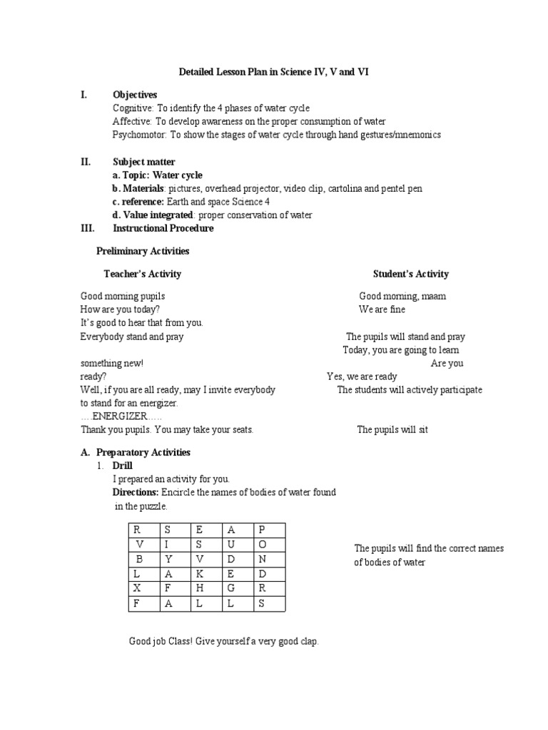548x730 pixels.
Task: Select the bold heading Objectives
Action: tap(135, 95)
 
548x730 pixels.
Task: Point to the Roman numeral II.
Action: tap(85, 162)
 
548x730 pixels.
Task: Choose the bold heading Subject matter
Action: tap(144, 162)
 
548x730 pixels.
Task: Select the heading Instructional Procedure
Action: tap(163, 228)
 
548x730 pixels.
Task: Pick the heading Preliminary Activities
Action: tap(143, 251)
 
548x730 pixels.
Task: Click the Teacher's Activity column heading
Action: tap(143, 274)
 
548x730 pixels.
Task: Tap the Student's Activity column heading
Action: tap(411, 274)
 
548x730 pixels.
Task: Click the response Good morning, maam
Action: tap(402, 296)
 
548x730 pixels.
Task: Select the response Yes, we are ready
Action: tap(362, 376)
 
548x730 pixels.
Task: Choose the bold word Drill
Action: tap(123, 466)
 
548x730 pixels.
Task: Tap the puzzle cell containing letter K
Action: tap(200, 573)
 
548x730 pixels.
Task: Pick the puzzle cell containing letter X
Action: tap(136, 588)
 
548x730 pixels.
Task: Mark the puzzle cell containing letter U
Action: tap(230, 544)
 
